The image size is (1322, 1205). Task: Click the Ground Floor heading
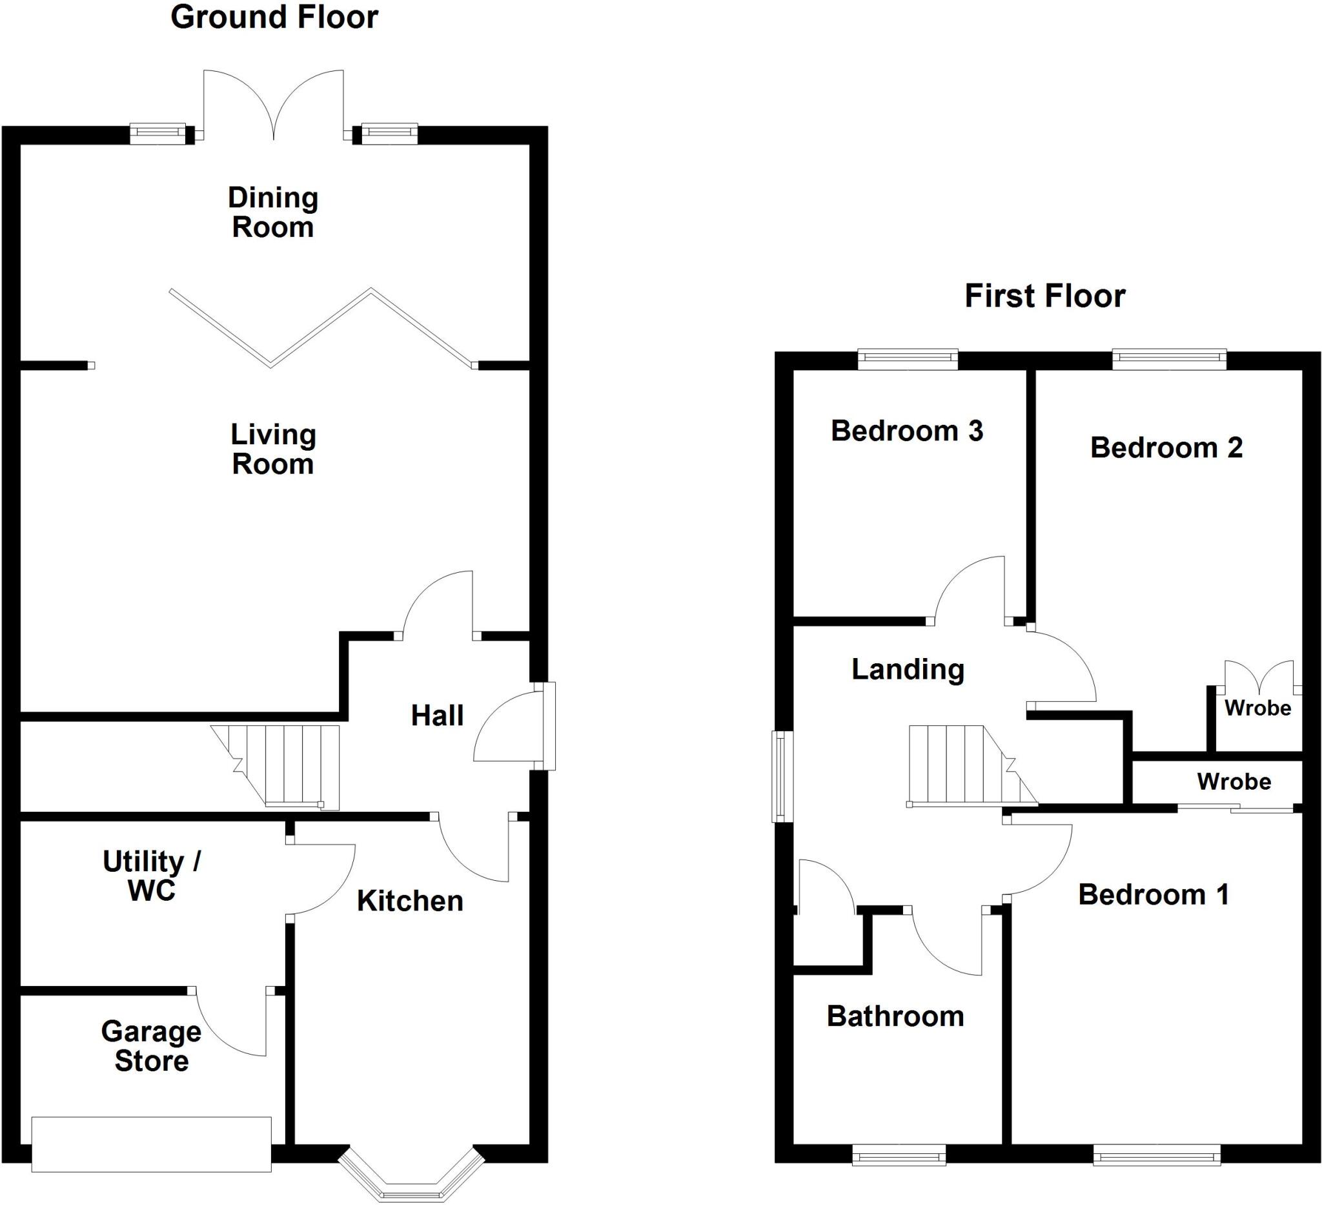[274, 17]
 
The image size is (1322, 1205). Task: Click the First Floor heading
[1044, 296]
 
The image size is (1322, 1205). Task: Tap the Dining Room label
[273, 212]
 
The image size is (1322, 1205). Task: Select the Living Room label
[273, 449]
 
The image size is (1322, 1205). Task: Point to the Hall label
[437, 716]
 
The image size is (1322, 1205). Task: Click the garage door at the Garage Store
[152, 1144]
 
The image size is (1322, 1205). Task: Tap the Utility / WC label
[152, 876]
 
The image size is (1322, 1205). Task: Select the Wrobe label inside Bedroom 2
[1257, 708]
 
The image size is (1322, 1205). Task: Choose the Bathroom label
[895, 1016]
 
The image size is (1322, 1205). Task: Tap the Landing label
[908, 670]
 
